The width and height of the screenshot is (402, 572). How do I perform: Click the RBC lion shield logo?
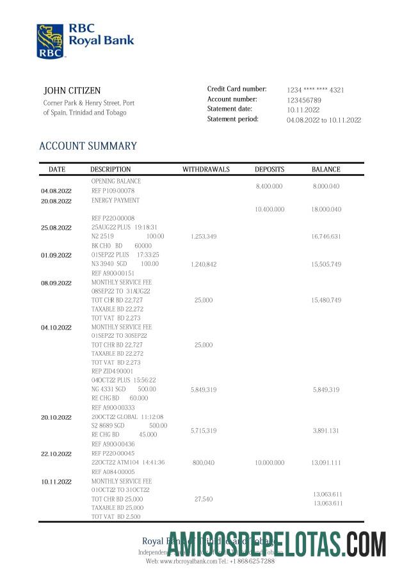(50, 42)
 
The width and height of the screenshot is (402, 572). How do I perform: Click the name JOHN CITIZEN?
(72, 91)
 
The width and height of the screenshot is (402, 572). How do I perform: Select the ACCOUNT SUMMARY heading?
(88, 146)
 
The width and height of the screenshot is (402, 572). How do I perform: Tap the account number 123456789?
(303, 100)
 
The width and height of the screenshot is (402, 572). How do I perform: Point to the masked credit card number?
(315, 90)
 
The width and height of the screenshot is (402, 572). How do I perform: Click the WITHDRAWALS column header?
(204, 170)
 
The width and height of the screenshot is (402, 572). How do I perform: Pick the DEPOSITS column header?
(269, 170)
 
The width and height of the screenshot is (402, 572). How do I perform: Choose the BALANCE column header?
(326, 170)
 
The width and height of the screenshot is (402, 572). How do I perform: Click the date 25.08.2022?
(56, 228)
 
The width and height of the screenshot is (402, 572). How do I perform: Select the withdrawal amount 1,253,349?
(204, 237)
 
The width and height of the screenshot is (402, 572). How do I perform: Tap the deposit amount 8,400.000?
(269, 186)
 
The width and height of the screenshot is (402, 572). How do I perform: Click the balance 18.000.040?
(326, 209)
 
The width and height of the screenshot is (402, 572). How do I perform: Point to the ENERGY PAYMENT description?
(115, 200)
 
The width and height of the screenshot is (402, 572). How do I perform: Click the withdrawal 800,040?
(203, 462)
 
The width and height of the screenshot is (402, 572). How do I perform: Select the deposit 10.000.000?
(269, 462)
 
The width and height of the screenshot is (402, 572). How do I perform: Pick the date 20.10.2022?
(56, 417)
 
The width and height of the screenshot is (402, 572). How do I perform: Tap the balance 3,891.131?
(326, 431)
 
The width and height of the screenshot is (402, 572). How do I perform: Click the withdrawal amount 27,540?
(203, 498)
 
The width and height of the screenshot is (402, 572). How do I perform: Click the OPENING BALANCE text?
(116, 181)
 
